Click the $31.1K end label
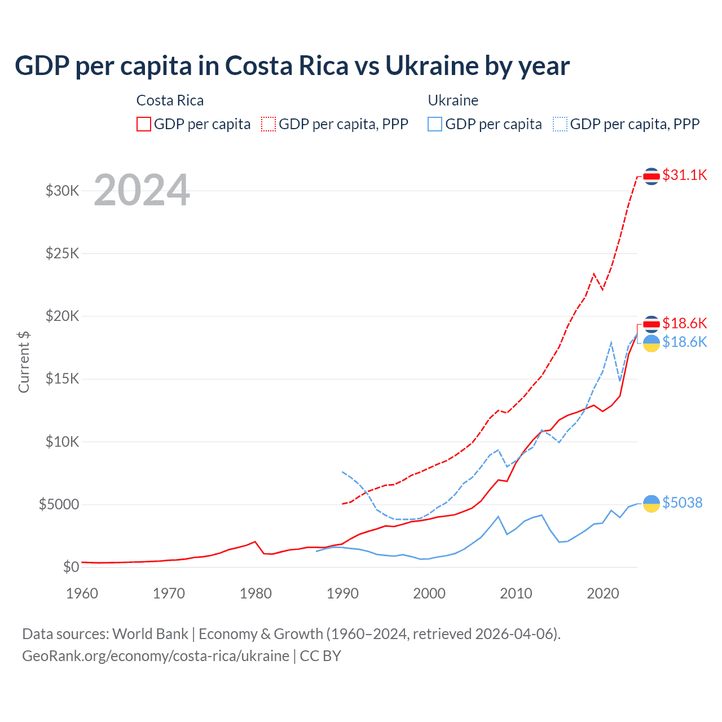pos(684,175)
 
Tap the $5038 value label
pos(682,503)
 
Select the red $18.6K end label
pos(684,323)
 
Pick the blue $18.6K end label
pos(684,342)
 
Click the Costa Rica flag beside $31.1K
pos(651,176)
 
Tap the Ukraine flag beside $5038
pos(651,503)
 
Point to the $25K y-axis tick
pos(63,253)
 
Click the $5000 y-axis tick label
pos(59,504)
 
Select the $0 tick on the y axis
pos(71,567)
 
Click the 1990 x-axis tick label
pos(342,593)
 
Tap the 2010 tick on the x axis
pos(516,593)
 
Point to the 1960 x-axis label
pos(82,593)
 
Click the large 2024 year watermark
pos(142,190)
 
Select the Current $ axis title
pos(24,362)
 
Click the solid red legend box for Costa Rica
pos(144,124)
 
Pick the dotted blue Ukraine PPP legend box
pos(560,124)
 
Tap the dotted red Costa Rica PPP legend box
pos(268,124)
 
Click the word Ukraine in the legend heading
pos(453,100)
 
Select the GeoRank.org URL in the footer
pos(156,656)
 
